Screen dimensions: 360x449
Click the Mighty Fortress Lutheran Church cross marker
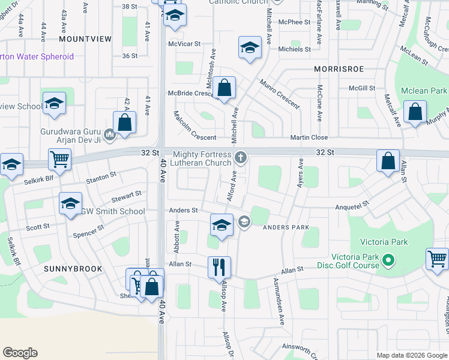[241, 158]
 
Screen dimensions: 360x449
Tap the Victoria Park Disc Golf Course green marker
[388, 260]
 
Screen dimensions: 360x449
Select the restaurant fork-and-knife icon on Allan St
[218, 266]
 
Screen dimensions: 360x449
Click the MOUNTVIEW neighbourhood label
[85, 38]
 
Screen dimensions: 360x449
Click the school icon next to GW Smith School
[70, 203]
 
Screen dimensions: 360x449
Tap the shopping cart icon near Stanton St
[61, 160]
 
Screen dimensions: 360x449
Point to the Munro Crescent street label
[280, 94]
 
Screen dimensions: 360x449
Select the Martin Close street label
[309, 137]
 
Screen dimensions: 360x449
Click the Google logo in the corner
[20, 353]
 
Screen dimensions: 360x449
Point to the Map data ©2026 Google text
[412, 355]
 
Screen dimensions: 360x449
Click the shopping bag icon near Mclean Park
[415, 112]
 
